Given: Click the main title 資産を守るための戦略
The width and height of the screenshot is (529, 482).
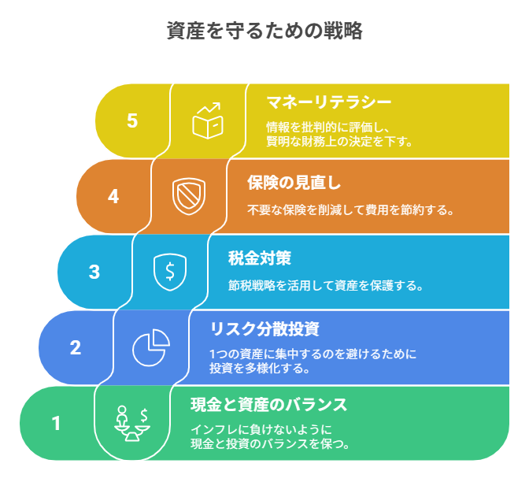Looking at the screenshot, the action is (264, 31).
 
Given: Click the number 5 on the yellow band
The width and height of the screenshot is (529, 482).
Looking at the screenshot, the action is (132, 120).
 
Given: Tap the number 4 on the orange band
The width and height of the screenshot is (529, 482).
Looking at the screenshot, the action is (113, 196).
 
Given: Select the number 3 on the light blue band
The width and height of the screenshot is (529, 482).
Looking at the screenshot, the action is (94, 272).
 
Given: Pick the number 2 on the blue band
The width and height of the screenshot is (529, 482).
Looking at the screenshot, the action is (76, 347).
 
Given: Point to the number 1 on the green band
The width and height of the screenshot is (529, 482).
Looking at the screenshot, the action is (56, 423).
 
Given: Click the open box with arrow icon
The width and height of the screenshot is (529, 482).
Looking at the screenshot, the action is (208, 120).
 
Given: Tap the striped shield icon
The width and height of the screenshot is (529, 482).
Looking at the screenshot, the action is (189, 196).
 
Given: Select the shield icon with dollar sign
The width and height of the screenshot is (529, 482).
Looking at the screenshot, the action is (170, 272).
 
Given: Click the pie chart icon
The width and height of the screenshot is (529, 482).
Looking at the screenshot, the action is (151, 347).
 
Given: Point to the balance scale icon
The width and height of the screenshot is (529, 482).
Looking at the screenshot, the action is (132, 423).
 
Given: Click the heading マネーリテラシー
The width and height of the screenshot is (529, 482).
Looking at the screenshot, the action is (329, 102).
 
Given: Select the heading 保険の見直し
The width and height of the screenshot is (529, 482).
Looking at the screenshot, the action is (294, 183).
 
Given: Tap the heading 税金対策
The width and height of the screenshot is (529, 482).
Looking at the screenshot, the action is (260, 258).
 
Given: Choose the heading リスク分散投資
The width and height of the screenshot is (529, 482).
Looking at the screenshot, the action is (264, 329).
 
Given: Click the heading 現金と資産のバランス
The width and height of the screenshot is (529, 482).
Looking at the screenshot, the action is (269, 405).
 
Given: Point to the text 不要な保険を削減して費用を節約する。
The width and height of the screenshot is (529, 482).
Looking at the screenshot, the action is (350, 210).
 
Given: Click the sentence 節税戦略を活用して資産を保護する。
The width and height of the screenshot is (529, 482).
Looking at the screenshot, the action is (326, 286).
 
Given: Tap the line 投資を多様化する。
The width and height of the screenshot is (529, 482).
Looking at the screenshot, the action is (260, 368).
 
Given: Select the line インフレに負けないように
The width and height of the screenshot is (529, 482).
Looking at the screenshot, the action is (261, 430).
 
